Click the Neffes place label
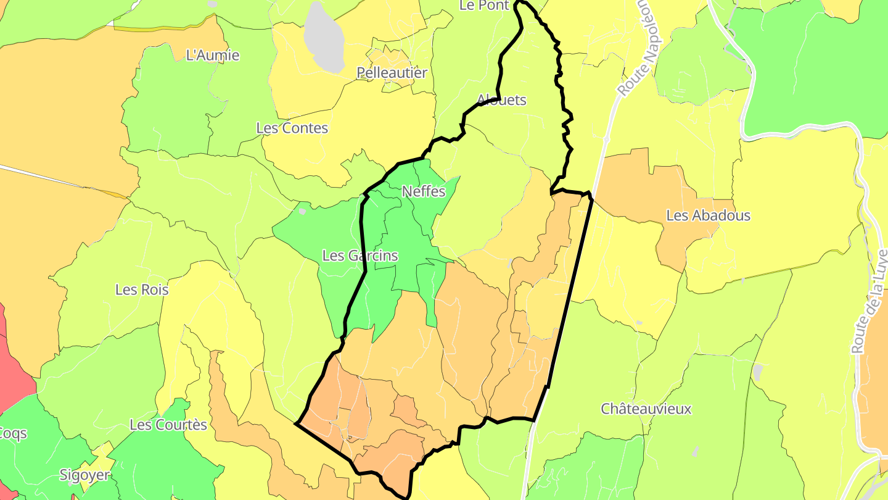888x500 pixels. [423, 191]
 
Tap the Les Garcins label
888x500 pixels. [360, 256]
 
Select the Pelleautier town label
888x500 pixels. [392, 73]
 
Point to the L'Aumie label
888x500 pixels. [212, 56]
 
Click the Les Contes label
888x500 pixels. [292, 128]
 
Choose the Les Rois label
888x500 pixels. [142, 290]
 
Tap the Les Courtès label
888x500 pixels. [168, 425]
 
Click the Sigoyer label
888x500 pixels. [84, 475]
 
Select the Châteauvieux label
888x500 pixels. [646, 409]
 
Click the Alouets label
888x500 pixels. [501, 100]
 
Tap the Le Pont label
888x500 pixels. [484, 6]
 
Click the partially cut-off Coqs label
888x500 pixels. [12, 433]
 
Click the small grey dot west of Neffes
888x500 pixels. [302, 211]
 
